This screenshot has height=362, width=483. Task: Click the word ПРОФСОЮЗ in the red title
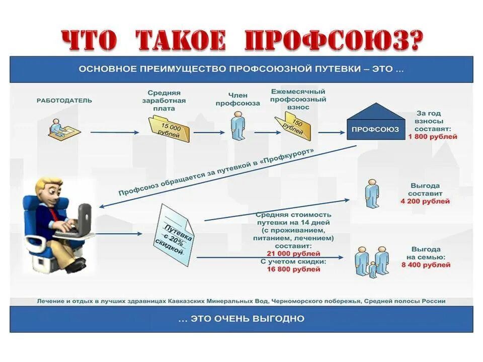point(332,40)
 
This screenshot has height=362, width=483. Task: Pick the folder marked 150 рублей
point(294,126)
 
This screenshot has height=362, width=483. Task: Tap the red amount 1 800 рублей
point(433,137)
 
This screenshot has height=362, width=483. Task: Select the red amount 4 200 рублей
point(425,202)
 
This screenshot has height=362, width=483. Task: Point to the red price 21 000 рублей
point(293,254)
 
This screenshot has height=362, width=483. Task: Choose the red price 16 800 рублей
point(293,269)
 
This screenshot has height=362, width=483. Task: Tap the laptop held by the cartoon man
point(80,221)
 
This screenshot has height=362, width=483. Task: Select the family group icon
point(372,261)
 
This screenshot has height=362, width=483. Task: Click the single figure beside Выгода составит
point(372,195)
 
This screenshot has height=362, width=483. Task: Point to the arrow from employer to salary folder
point(115,132)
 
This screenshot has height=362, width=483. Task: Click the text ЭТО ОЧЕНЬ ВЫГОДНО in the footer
point(242,318)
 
